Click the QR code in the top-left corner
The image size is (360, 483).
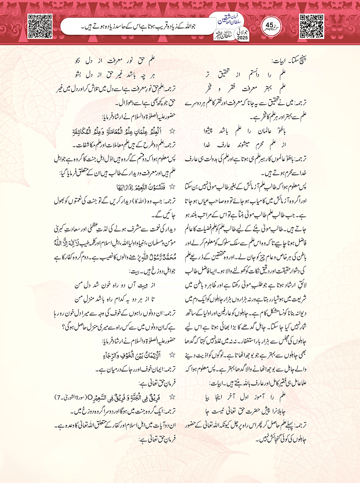point(40,26)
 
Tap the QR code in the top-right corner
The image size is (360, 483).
point(312,26)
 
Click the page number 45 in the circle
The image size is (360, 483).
point(269,26)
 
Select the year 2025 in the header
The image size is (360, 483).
point(242,38)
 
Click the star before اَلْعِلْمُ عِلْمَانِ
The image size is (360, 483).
point(172,131)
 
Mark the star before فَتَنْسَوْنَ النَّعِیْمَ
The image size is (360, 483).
point(172,187)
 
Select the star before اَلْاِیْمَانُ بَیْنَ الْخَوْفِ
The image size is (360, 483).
point(172,355)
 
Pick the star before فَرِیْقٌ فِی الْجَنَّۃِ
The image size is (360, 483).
point(172,397)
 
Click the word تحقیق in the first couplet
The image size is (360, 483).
point(225,74)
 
